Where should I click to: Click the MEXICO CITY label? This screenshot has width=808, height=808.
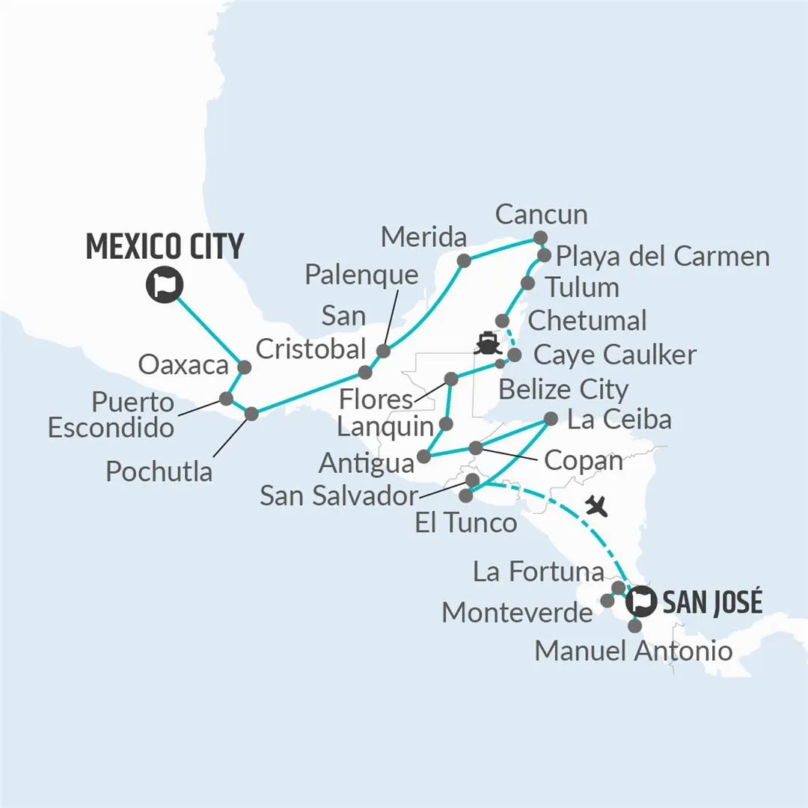click(165, 247)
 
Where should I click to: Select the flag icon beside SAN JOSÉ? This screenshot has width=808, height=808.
click(640, 599)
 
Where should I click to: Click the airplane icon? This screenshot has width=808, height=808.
click(596, 506)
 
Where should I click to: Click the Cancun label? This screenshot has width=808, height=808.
click(541, 215)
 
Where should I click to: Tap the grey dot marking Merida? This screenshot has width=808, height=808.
click(464, 260)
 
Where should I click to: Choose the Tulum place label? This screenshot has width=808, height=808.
click(582, 287)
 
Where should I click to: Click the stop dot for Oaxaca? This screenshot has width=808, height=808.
click(243, 367)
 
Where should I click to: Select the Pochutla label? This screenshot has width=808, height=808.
click(159, 471)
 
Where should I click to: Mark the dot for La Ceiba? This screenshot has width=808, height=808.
click(551, 419)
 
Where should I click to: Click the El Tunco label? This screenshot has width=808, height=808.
click(465, 522)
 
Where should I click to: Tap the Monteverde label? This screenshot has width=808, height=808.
click(517, 613)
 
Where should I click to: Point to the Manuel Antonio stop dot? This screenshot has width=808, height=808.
click(635, 625)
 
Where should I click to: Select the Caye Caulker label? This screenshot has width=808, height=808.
click(614, 355)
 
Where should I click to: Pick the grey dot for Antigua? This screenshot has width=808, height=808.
click(423, 456)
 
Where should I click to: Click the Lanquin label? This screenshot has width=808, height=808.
click(385, 427)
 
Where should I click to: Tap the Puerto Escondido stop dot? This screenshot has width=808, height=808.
click(226, 398)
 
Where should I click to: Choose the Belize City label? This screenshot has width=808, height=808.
click(563, 390)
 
